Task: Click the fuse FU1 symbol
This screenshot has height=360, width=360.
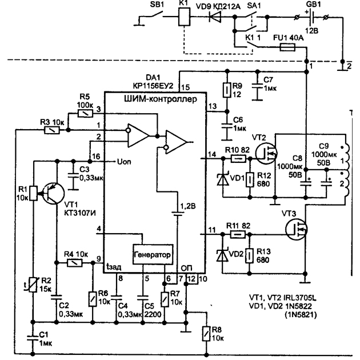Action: point(287,47)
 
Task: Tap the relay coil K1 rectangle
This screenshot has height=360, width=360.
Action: point(184,17)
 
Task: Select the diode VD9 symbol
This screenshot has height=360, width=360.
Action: point(215,17)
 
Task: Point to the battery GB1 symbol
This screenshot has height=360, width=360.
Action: point(312,17)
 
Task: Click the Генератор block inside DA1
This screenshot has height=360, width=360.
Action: point(153,254)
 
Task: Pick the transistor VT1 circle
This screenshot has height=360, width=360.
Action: point(53,193)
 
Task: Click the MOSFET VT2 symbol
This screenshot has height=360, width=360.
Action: point(266,153)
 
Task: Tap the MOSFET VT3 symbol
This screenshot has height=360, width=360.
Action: point(297,229)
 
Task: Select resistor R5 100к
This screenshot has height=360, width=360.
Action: point(85,113)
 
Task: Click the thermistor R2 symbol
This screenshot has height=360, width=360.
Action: point(33,285)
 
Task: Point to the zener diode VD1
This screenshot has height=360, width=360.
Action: point(223,179)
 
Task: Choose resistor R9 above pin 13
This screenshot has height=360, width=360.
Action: point(227,90)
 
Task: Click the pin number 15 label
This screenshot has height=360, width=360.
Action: point(186,87)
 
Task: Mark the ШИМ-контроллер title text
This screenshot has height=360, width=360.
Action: point(160,99)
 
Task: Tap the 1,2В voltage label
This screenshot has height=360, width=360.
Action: point(188,206)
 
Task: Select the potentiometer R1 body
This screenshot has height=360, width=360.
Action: point(34,193)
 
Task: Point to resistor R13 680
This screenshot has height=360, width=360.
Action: point(250,255)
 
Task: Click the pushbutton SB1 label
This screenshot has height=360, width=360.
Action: point(157,5)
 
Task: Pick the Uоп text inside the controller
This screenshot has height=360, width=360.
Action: point(124,162)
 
